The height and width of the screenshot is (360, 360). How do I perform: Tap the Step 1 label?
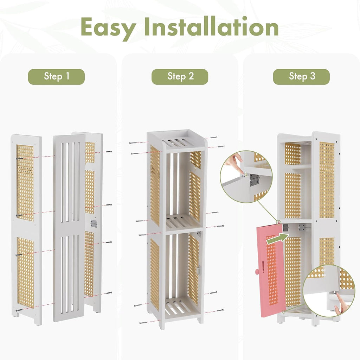tap(56, 77)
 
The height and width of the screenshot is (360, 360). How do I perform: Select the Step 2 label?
tap(180, 77)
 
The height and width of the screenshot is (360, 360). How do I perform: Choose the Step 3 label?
tap(301, 77)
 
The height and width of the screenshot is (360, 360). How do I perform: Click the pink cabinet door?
tap(271, 271)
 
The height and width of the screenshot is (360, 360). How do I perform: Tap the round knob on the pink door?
tap(257, 271)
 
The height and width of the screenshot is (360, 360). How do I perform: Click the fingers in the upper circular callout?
tap(234, 161)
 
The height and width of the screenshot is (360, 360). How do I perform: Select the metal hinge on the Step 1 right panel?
tap(94, 223)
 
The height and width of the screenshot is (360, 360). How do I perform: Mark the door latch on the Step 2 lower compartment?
tap(199, 270)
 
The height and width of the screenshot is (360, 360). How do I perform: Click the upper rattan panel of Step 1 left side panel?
tap(25, 183)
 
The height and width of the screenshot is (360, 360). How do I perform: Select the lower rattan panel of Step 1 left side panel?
tap(25, 272)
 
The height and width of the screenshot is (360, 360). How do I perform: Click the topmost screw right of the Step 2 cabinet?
tap(213, 138)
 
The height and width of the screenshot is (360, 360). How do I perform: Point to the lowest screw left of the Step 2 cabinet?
tap(143, 323)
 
